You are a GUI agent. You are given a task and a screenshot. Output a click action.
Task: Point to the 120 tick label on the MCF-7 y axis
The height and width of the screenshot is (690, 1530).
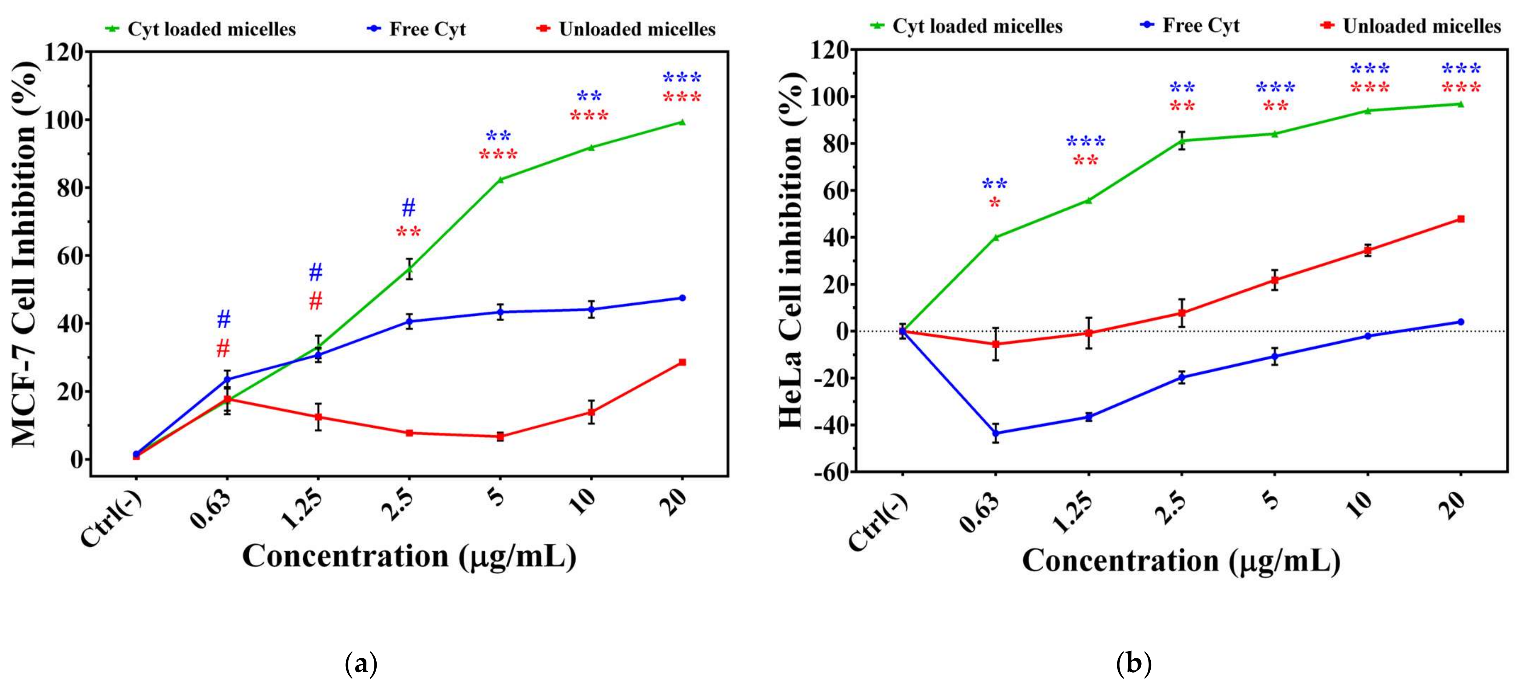click(65, 53)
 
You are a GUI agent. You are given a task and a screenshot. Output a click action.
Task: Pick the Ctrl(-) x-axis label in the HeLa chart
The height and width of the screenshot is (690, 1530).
click(878, 523)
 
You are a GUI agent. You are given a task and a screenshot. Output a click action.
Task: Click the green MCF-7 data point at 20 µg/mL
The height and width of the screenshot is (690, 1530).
click(682, 122)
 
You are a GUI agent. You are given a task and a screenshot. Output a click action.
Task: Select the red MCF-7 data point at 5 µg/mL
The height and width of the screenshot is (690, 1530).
click(500, 436)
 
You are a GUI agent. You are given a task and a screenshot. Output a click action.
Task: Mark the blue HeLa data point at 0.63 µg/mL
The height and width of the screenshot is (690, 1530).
click(995, 433)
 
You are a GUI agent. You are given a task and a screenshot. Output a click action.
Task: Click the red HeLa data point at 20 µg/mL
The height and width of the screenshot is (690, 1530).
click(1461, 219)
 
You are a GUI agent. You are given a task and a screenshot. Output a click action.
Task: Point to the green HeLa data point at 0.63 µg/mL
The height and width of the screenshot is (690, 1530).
click(995, 237)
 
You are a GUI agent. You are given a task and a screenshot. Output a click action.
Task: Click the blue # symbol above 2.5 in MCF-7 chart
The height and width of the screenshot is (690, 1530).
click(409, 208)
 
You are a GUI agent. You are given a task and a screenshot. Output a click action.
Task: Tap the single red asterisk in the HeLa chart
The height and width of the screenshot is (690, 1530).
click(994, 203)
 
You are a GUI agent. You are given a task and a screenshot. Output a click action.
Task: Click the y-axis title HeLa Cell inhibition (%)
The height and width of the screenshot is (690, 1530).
click(791, 249)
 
